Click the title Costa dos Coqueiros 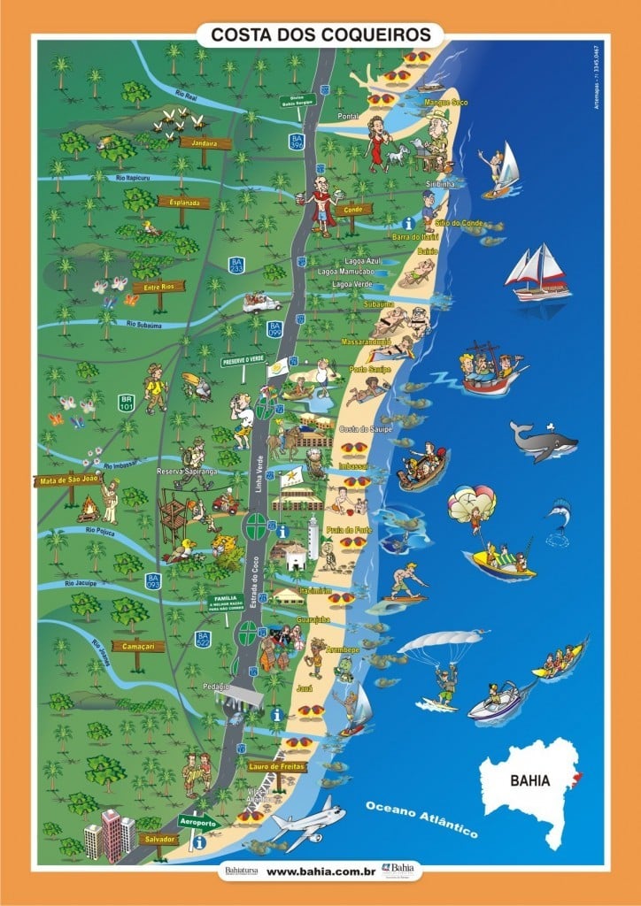coord(320,35)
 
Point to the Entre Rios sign coord(158,287)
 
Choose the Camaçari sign coord(138,645)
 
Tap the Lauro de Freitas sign coord(277,766)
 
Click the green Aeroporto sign coord(199,821)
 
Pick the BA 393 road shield coord(152,581)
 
